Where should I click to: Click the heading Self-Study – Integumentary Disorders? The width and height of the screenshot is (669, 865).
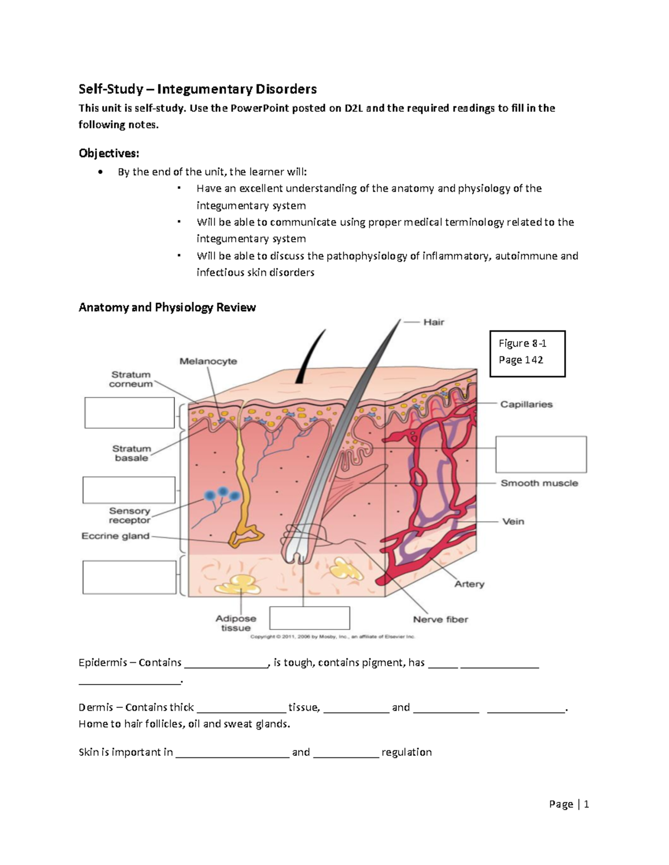(197, 89)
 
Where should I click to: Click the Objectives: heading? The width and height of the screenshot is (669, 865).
(109, 153)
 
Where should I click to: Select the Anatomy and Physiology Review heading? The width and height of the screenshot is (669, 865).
(167, 307)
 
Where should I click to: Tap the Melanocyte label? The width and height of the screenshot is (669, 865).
(208, 361)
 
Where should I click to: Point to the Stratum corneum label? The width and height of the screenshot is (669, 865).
(131, 379)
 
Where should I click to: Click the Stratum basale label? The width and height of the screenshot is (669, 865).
(132, 453)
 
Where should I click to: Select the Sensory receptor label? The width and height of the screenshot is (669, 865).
(129, 515)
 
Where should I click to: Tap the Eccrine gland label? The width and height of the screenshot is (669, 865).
(115, 536)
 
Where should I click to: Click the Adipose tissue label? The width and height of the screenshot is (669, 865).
(236, 623)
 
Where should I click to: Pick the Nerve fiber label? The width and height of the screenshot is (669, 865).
(440, 619)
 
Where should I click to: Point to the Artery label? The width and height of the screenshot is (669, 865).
(469, 584)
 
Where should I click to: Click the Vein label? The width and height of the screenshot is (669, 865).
(513, 521)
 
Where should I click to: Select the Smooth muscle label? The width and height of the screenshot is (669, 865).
(539, 483)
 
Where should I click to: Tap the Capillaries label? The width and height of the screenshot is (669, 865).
(526, 404)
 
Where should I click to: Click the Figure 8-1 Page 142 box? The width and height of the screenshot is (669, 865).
(527, 354)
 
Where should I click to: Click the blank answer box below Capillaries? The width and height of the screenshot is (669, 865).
(541, 455)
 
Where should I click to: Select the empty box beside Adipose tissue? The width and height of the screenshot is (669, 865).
(309, 618)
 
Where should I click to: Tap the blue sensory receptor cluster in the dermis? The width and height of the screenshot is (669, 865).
(222, 493)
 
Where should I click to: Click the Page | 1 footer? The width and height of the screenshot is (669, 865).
(569, 804)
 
